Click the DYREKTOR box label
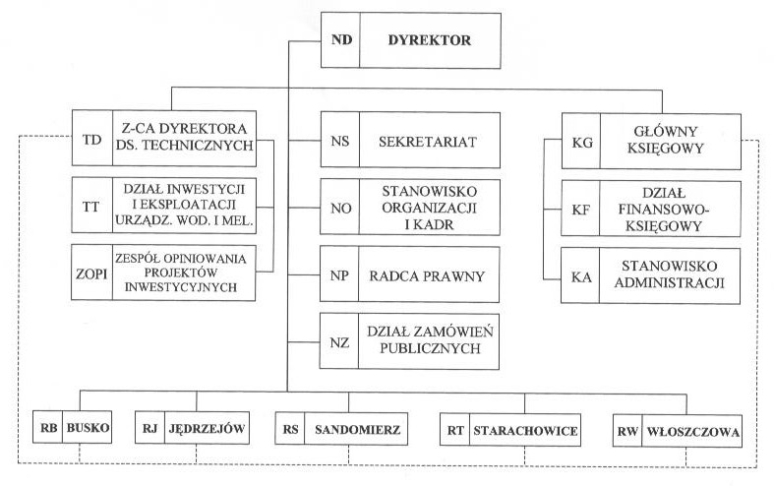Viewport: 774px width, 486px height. point(430,41)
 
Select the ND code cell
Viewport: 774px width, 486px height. point(341,41)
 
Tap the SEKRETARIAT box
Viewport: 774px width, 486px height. point(429,142)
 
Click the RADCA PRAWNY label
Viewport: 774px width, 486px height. point(429,274)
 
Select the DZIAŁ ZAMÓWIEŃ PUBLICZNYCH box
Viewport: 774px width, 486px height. point(429,339)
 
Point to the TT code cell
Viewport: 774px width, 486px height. point(91,205)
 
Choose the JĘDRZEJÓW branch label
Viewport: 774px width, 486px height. point(206,429)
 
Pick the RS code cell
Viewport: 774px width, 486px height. point(290,430)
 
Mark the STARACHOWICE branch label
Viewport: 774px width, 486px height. point(523,430)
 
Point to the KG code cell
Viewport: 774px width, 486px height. point(580,141)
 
